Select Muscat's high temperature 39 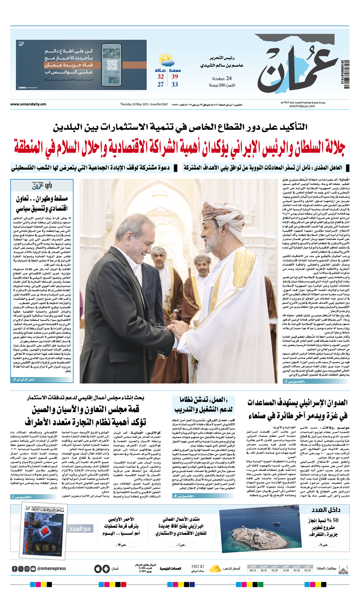pyautogui.click(x=175, y=77)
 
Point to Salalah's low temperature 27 pyautogui.click(x=160, y=85)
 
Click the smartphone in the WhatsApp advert pyautogui.click(x=111, y=65)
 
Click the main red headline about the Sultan pyautogui.click(x=180, y=147)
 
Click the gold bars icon pyautogui.click(x=215, y=568)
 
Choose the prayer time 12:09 pyautogui.click(x=286, y=570)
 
